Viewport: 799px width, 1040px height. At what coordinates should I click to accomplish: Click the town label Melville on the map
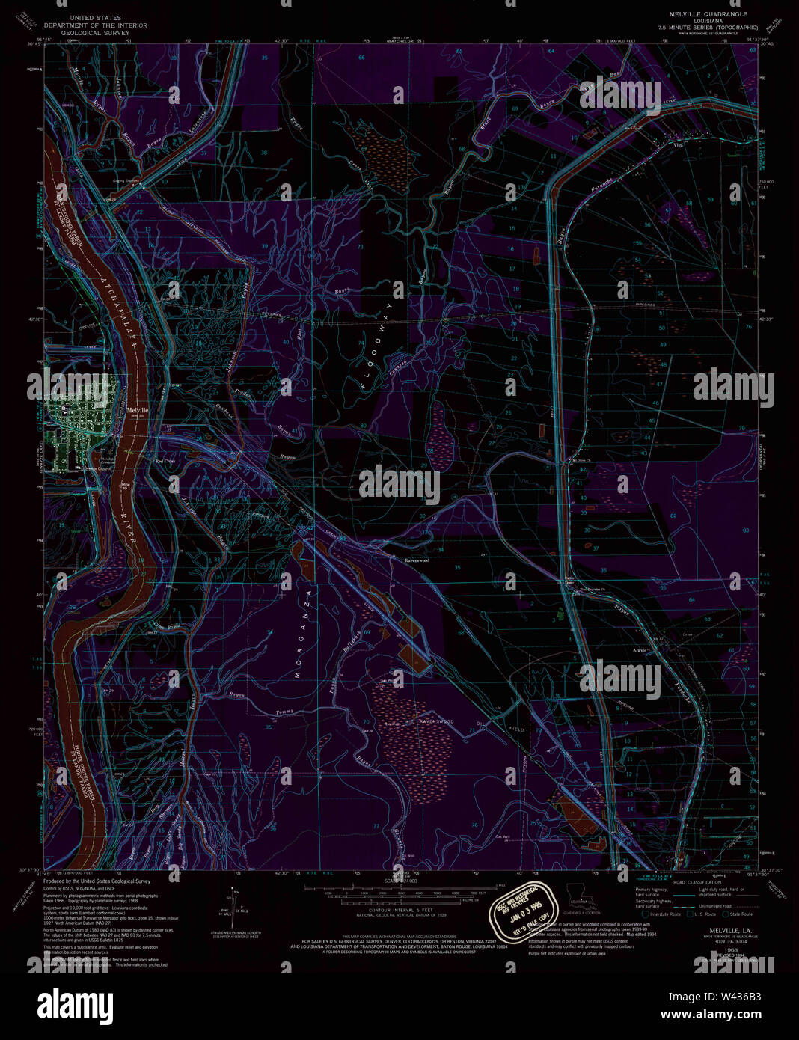coord(138,411)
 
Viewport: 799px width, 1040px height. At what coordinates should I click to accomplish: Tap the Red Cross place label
coord(165,462)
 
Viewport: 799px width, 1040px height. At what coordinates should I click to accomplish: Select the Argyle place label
coord(640,649)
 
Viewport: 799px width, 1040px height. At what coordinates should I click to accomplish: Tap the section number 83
coord(745,530)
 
